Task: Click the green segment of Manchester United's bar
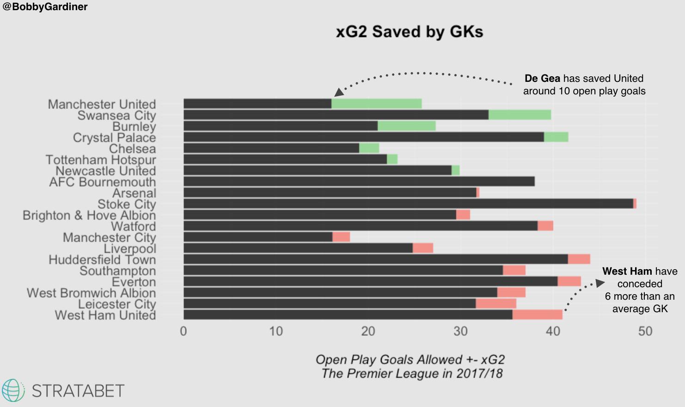376,104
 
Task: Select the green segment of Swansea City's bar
520,115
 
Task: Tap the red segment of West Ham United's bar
537,314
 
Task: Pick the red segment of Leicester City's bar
496,303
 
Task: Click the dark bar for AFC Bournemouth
359,181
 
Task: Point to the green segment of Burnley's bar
406,126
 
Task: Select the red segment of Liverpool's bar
422,248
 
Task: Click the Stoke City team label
127,204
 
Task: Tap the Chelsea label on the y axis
132,149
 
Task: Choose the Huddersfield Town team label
102,260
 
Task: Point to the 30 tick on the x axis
460,331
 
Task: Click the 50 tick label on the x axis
645,331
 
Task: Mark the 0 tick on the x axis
183,331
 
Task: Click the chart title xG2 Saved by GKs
409,32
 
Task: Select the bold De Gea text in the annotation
542,79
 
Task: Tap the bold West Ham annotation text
627,271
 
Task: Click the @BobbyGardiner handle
45,7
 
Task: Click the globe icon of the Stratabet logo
13,390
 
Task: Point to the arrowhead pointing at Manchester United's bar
339,92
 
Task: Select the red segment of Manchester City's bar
341,237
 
